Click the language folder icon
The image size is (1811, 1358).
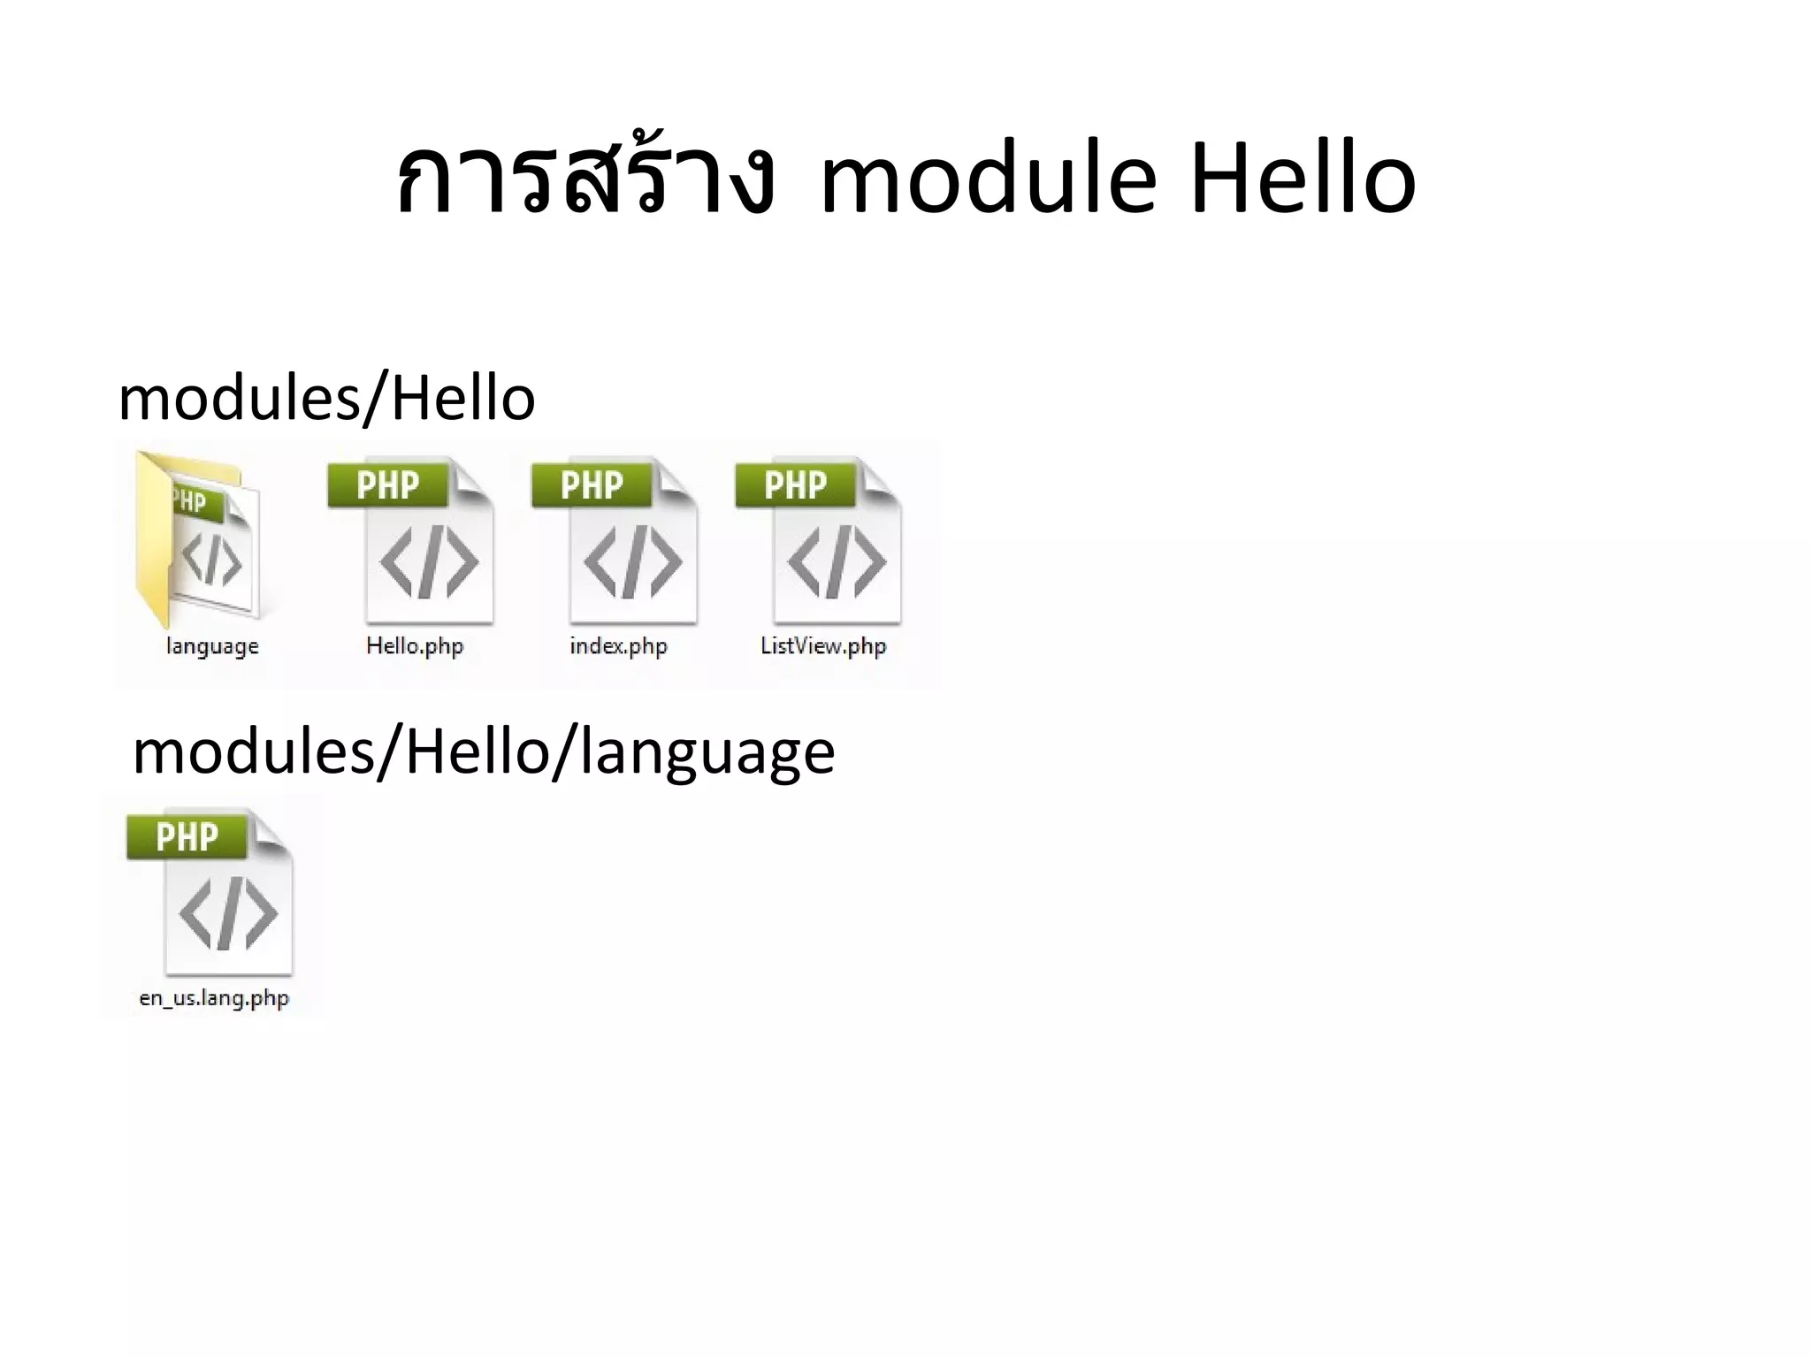tap(200, 539)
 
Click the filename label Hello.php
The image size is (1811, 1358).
tap(415, 646)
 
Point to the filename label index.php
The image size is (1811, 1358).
tap(618, 646)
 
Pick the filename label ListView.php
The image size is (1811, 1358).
tap(823, 646)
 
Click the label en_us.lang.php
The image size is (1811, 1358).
tap(214, 998)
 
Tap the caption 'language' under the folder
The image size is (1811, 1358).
tap(212, 646)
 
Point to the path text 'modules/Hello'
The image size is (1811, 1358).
tap(326, 399)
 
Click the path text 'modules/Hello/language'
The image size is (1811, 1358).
tap(483, 752)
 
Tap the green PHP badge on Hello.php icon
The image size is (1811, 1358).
tap(387, 485)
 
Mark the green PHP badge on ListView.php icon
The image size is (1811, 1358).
tap(795, 485)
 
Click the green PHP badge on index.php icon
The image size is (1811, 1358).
tap(592, 485)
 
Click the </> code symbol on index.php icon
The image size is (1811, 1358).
tap(632, 562)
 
